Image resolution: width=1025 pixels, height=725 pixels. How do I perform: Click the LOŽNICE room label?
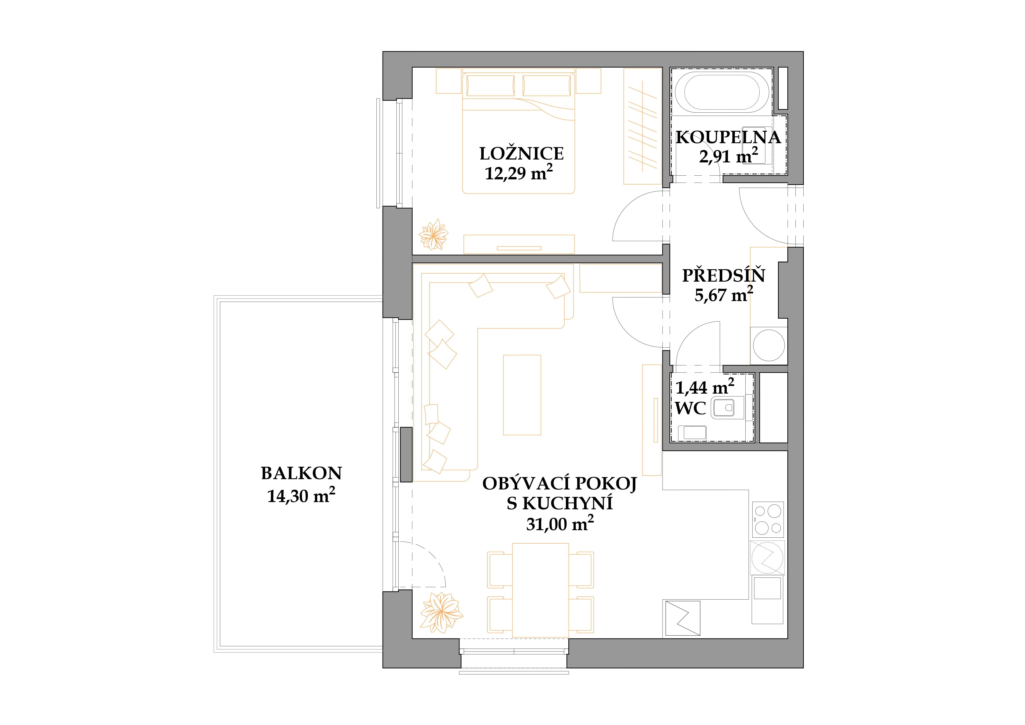[x=521, y=154]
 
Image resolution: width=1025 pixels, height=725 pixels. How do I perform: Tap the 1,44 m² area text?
[x=704, y=387]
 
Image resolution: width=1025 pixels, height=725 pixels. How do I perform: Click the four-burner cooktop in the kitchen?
[x=768, y=519]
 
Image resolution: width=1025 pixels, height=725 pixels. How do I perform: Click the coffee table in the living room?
[x=522, y=395]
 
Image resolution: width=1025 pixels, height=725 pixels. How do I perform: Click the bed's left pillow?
[x=491, y=86]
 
